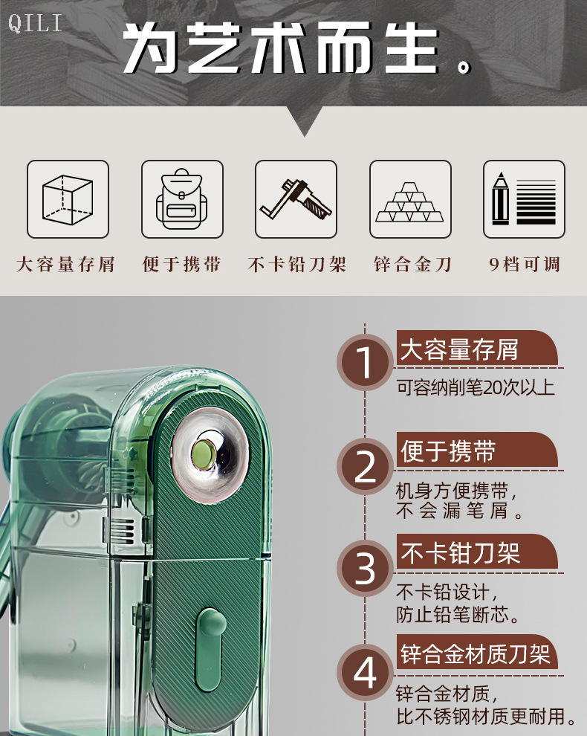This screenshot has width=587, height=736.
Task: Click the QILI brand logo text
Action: (x=35, y=24)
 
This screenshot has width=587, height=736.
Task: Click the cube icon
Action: (x=68, y=199)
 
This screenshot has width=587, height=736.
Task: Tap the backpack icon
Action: (x=182, y=199)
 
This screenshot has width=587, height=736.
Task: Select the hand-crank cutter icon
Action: (x=296, y=199)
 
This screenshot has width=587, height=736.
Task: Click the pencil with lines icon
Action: (x=524, y=199)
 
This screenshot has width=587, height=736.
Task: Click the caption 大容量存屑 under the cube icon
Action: (x=65, y=264)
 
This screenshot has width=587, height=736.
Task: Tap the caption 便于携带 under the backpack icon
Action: (x=181, y=264)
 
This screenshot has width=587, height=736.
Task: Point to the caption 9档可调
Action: (x=525, y=264)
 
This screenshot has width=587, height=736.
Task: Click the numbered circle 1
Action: (x=365, y=362)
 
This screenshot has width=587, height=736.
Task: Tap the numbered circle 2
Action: (x=365, y=465)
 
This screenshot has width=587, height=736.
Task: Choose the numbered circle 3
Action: (x=365, y=568)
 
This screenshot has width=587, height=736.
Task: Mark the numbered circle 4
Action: (x=365, y=672)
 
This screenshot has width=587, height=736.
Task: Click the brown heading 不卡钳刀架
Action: (x=460, y=553)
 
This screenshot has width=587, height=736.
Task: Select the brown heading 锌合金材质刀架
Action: (x=475, y=654)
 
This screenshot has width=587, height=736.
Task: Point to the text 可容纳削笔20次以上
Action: (x=476, y=388)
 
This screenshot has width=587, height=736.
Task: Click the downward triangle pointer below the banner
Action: (x=305, y=121)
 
